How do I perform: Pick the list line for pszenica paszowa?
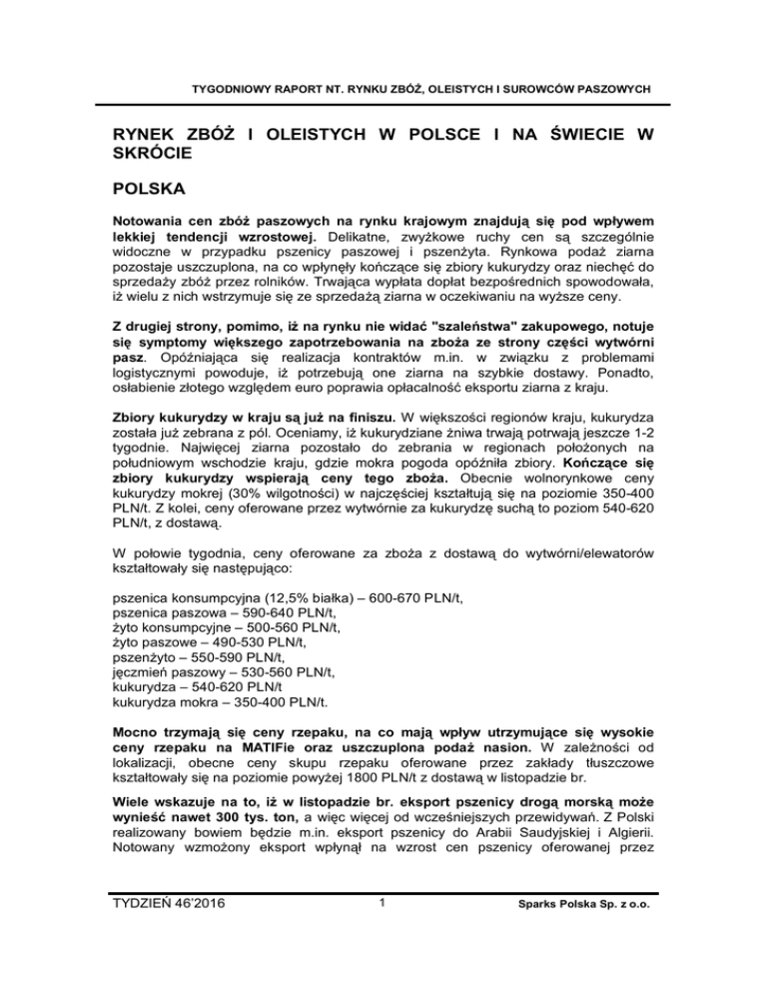click(x=223, y=613)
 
